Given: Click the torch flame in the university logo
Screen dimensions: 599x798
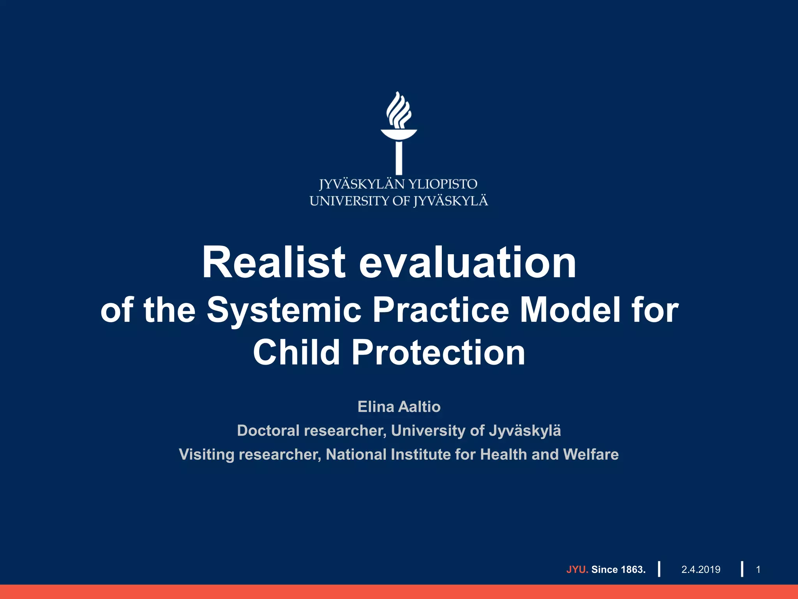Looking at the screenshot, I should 399,110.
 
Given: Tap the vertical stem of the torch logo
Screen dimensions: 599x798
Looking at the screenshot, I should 399,158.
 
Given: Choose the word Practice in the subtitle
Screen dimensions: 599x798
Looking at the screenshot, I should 441,310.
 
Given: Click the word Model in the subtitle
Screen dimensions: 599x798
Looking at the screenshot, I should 570,310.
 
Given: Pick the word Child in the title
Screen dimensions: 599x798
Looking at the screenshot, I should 296,352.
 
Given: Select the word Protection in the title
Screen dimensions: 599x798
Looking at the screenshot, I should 438,352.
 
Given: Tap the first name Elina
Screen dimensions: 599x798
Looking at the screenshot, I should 376,407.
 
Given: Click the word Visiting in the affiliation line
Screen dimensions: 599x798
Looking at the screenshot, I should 207,455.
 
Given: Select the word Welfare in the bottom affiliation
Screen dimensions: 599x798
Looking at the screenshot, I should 591,454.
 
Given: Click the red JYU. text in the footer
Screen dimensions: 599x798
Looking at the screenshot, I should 577,569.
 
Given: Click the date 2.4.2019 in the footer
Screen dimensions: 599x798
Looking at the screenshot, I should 701,569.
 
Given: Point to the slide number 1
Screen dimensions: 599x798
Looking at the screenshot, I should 758,569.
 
